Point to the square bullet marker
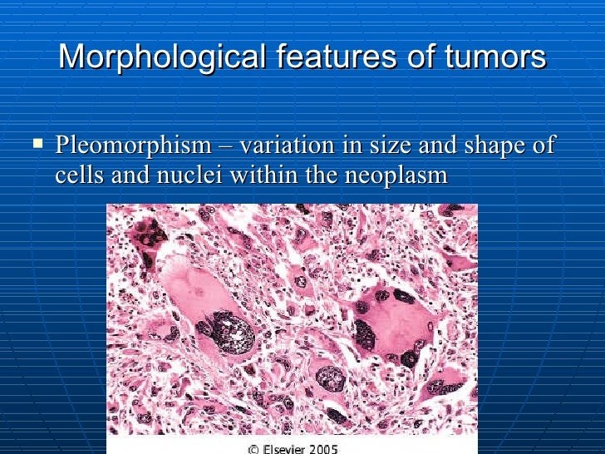tap(37, 144)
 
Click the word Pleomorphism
tap(133, 146)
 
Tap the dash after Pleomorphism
tap(225, 147)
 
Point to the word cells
tap(76, 175)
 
